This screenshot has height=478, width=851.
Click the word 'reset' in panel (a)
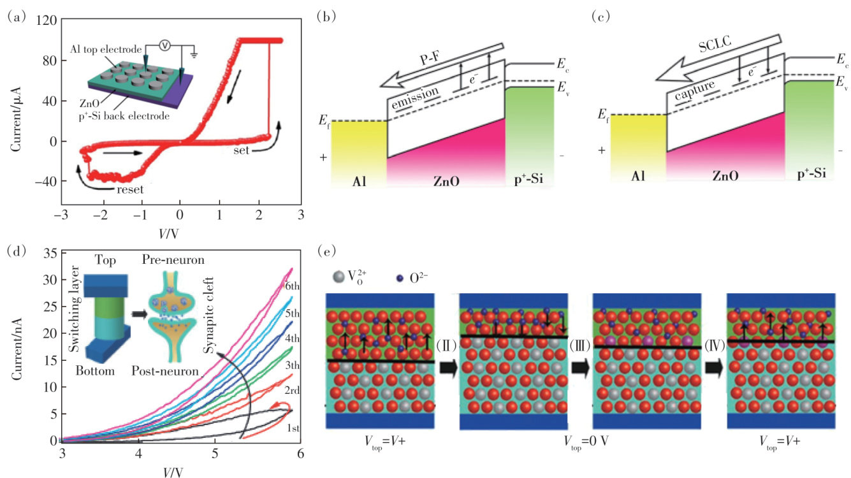[125, 189]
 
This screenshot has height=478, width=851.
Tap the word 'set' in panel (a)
[240, 151]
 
